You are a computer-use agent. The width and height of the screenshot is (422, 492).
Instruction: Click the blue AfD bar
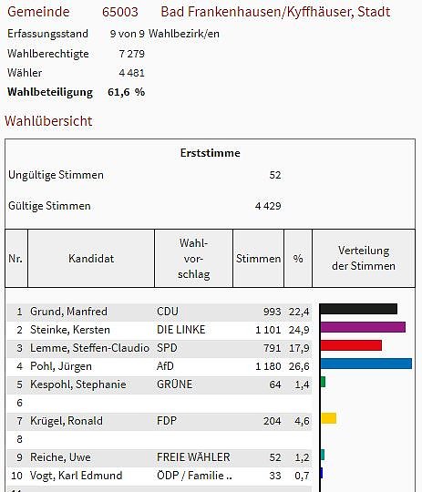pyautogui.click(x=365, y=364)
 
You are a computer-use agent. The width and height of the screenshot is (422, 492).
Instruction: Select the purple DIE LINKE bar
pyautogui.click(x=362, y=327)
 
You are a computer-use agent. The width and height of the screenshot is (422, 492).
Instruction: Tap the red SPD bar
pyautogui.click(x=350, y=345)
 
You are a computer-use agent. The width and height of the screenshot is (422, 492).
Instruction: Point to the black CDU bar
pyautogui.click(x=358, y=309)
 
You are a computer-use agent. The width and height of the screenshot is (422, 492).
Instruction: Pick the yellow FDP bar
pyautogui.click(x=328, y=418)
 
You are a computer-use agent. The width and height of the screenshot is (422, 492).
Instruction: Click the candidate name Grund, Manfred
pyautogui.click(x=68, y=312)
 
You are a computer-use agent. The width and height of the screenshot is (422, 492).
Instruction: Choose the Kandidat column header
pyautogui.click(x=91, y=259)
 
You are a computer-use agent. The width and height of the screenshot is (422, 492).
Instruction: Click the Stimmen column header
pyautogui.click(x=259, y=259)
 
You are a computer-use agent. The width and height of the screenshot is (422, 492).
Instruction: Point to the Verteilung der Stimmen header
pyautogui.click(x=364, y=259)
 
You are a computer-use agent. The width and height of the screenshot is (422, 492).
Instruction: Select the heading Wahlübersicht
pyautogui.click(x=48, y=121)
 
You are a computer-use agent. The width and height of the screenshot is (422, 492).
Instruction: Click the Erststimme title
pyautogui.click(x=211, y=153)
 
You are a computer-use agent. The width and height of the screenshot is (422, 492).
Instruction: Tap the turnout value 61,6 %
pyautogui.click(x=127, y=92)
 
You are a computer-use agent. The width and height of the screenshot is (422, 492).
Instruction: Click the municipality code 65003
pyautogui.click(x=120, y=13)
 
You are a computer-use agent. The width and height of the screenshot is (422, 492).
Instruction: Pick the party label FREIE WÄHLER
pyautogui.click(x=193, y=457)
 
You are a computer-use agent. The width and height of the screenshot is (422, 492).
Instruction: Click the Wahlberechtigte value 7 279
pyautogui.click(x=131, y=54)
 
